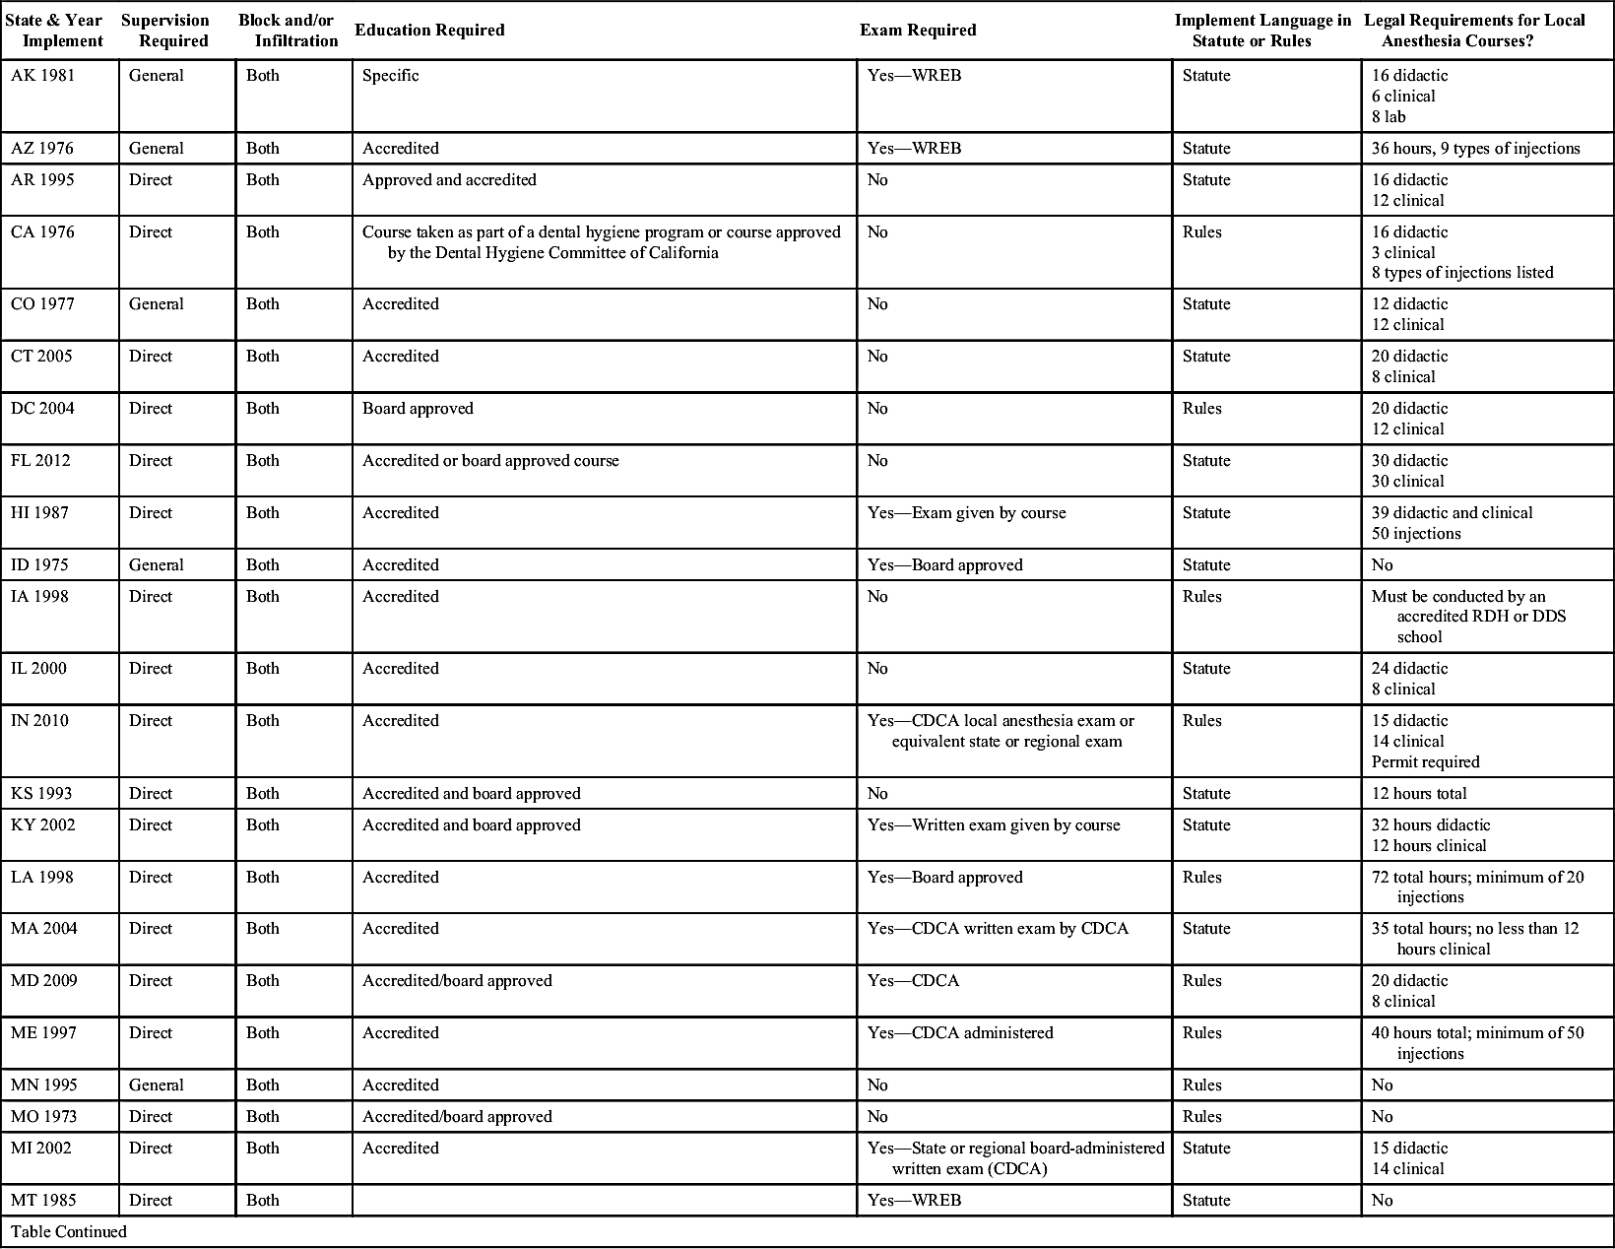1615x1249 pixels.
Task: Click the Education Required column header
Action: pyautogui.click(x=429, y=31)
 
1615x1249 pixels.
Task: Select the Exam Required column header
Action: pyautogui.click(x=918, y=31)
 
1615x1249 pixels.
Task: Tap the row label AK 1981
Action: pyautogui.click(x=42, y=76)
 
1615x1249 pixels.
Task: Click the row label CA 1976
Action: pyautogui.click(x=42, y=232)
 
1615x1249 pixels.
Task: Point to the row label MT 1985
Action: pyautogui.click(x=43, y=1201)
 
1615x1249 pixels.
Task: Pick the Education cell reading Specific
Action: pyautogui.click(x=390, y=76)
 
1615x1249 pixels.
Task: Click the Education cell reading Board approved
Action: pyautogui.click(x=418, y=409)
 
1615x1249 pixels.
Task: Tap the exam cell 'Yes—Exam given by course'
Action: pyautogui.click(x=966, y=513)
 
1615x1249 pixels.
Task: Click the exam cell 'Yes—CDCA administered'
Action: pyautogui.click(x=960, y=1033)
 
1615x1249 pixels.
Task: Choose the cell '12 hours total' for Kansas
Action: pyautogui.click(x=1419, y=794)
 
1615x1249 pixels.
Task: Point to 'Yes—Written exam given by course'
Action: pyautogui.click(x=994, y=825)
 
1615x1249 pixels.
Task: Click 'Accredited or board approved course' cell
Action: pyautogui.click(x=490, y=461)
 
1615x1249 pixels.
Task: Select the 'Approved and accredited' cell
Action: pyautogui.click(x=449, y=180)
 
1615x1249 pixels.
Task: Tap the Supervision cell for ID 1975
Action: pyautogui.click(x=157, y=565)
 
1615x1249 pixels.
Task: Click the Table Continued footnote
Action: pyautogui.click(x=69, y=1232)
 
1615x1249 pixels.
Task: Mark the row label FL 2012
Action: pyautogui.click(x=40, y=461)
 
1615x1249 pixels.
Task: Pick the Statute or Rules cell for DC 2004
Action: pyautogui.click(x=1202, y=409)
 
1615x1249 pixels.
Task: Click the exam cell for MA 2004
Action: pyautogui.click(x=998, y=929)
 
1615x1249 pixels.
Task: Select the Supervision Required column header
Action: pyautogui.click(x=165, y=31)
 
